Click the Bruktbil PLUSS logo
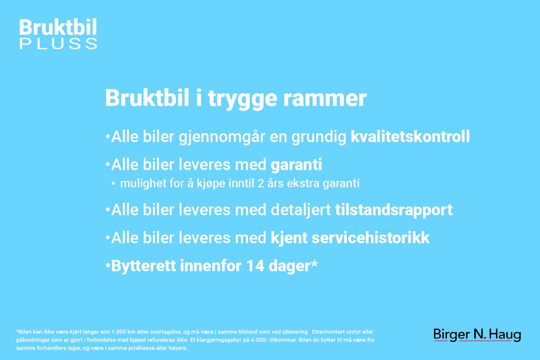click(x=58, y=34)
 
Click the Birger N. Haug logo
click(x=477, y=335)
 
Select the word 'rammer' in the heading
click(x=325, y=99)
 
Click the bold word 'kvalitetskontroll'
click(x=410, y=137)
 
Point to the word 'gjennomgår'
click(x=221, y=137)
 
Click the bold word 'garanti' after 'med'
click(x=296, y=165)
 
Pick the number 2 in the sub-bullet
click(x=261, y=183)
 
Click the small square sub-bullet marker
click(x=113, y=184)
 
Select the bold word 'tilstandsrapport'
click(x=394, y=210)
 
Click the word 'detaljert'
click(x=301, y=210)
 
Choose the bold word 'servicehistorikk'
click(x=370, y=238)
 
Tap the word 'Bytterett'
click(x=143, y=266)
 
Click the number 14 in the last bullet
click(x=255, y=266)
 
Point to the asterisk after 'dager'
click(x=314, y=263)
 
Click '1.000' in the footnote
click(x=119, y=332)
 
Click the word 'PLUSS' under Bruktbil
click(x=58, y=44)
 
